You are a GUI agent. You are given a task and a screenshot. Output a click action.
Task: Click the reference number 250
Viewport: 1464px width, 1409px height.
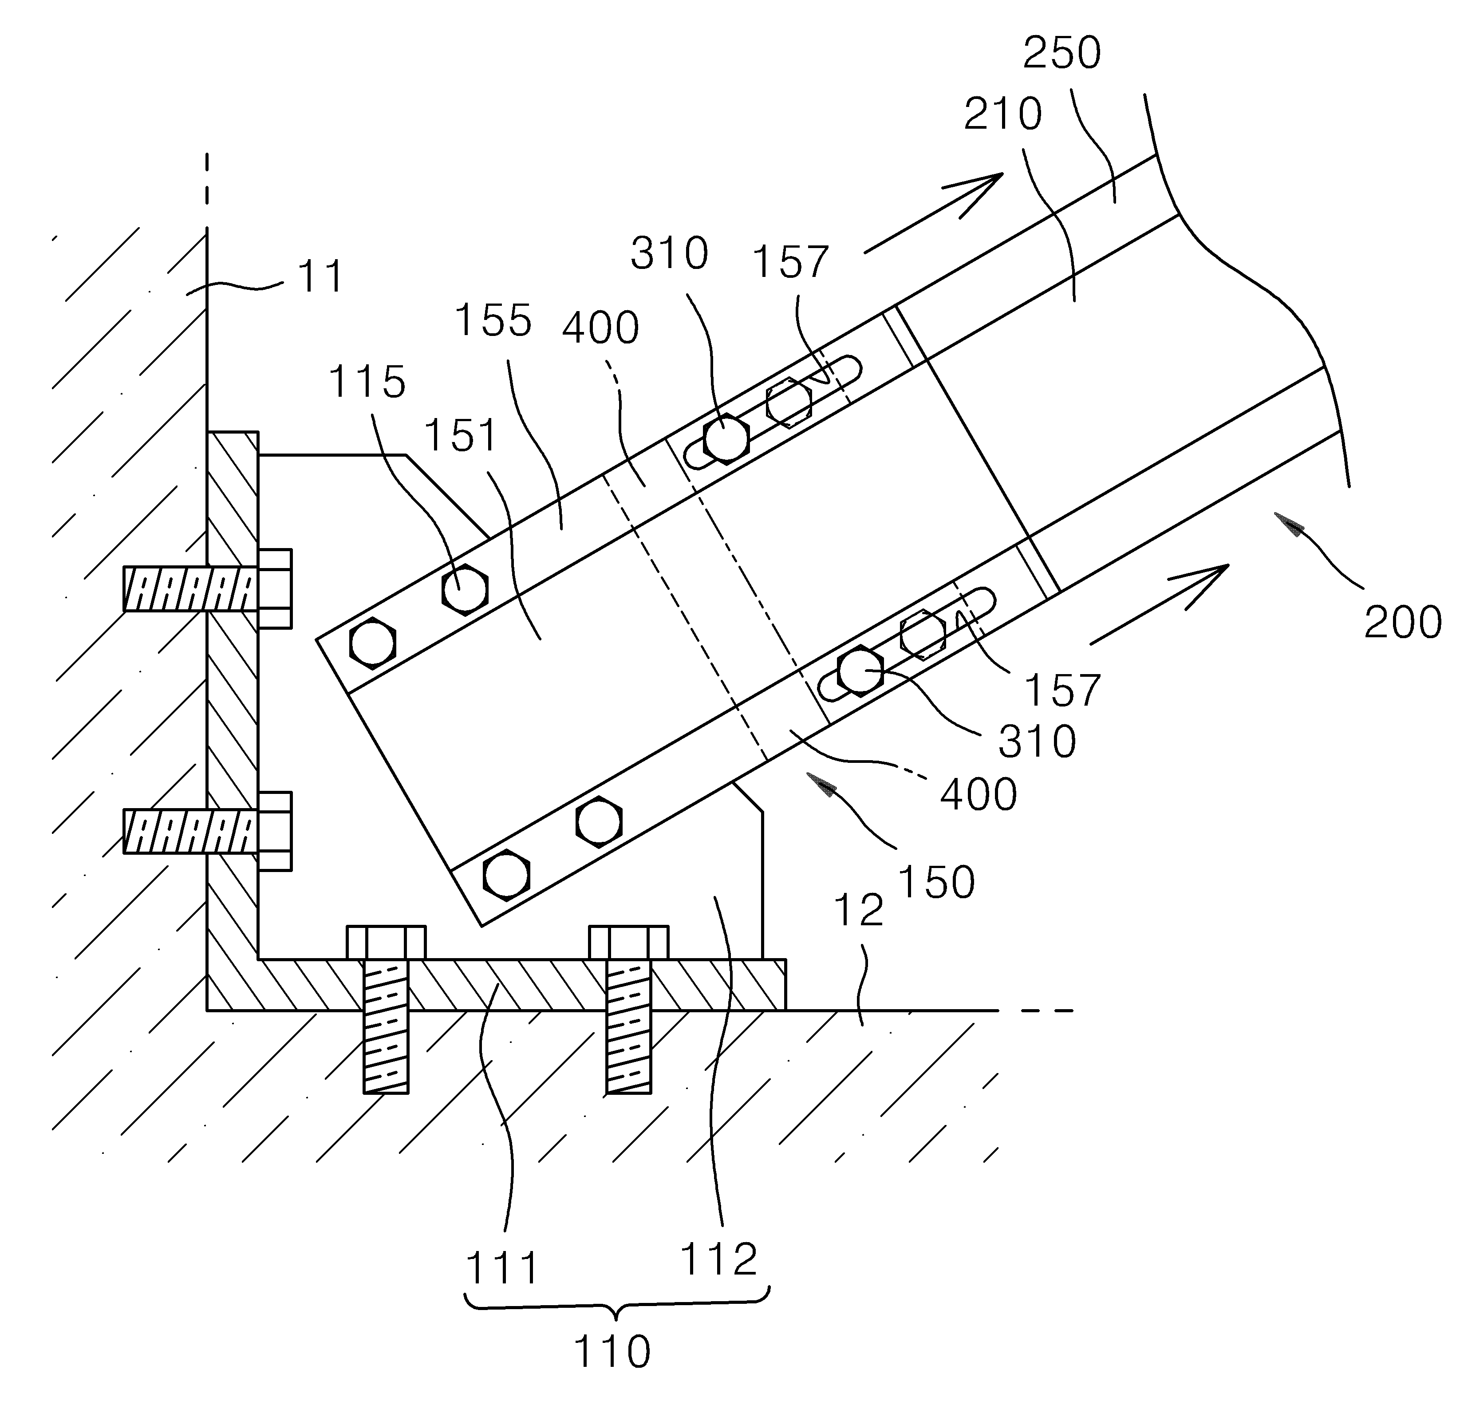pos(1061,53)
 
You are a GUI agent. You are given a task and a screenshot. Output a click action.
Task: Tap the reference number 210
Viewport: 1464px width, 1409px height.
pos(1002,114)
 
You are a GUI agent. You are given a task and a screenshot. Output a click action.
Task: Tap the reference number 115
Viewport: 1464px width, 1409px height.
pos(367,382)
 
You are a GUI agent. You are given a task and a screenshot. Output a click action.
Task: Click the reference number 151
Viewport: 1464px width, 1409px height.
pos(462,435)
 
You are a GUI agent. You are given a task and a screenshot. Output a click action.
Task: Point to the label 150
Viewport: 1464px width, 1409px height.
pos(936,882)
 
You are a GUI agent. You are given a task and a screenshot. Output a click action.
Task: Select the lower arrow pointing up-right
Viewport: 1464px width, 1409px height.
pos(1159,604)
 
